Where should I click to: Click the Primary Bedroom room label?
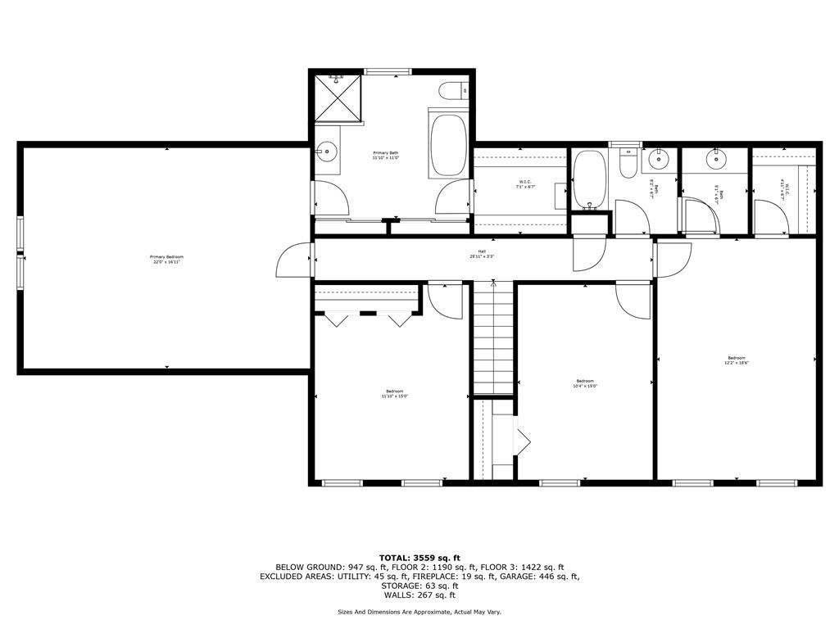click(x=165, y=260)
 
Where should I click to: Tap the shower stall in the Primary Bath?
click(x=338, y=97)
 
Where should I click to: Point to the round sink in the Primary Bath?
click(x=328, y=151)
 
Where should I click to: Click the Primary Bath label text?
click(x=385, y=156)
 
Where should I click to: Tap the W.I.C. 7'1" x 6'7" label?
click(x=524, y=184)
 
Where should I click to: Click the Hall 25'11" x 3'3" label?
click(x=483, y=254)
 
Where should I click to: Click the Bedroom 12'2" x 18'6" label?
click(x=736, y=360)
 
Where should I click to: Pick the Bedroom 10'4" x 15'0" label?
click(x=584, y=383)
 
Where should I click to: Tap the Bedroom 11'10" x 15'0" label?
click(x=394, y=394)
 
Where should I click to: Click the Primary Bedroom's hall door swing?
click(x=294, y=260)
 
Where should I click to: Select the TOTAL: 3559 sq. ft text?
click(x=419, y=558)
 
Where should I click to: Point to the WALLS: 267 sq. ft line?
click(x=419, y=595)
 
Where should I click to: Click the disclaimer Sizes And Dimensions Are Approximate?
click(x=419, y=612)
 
